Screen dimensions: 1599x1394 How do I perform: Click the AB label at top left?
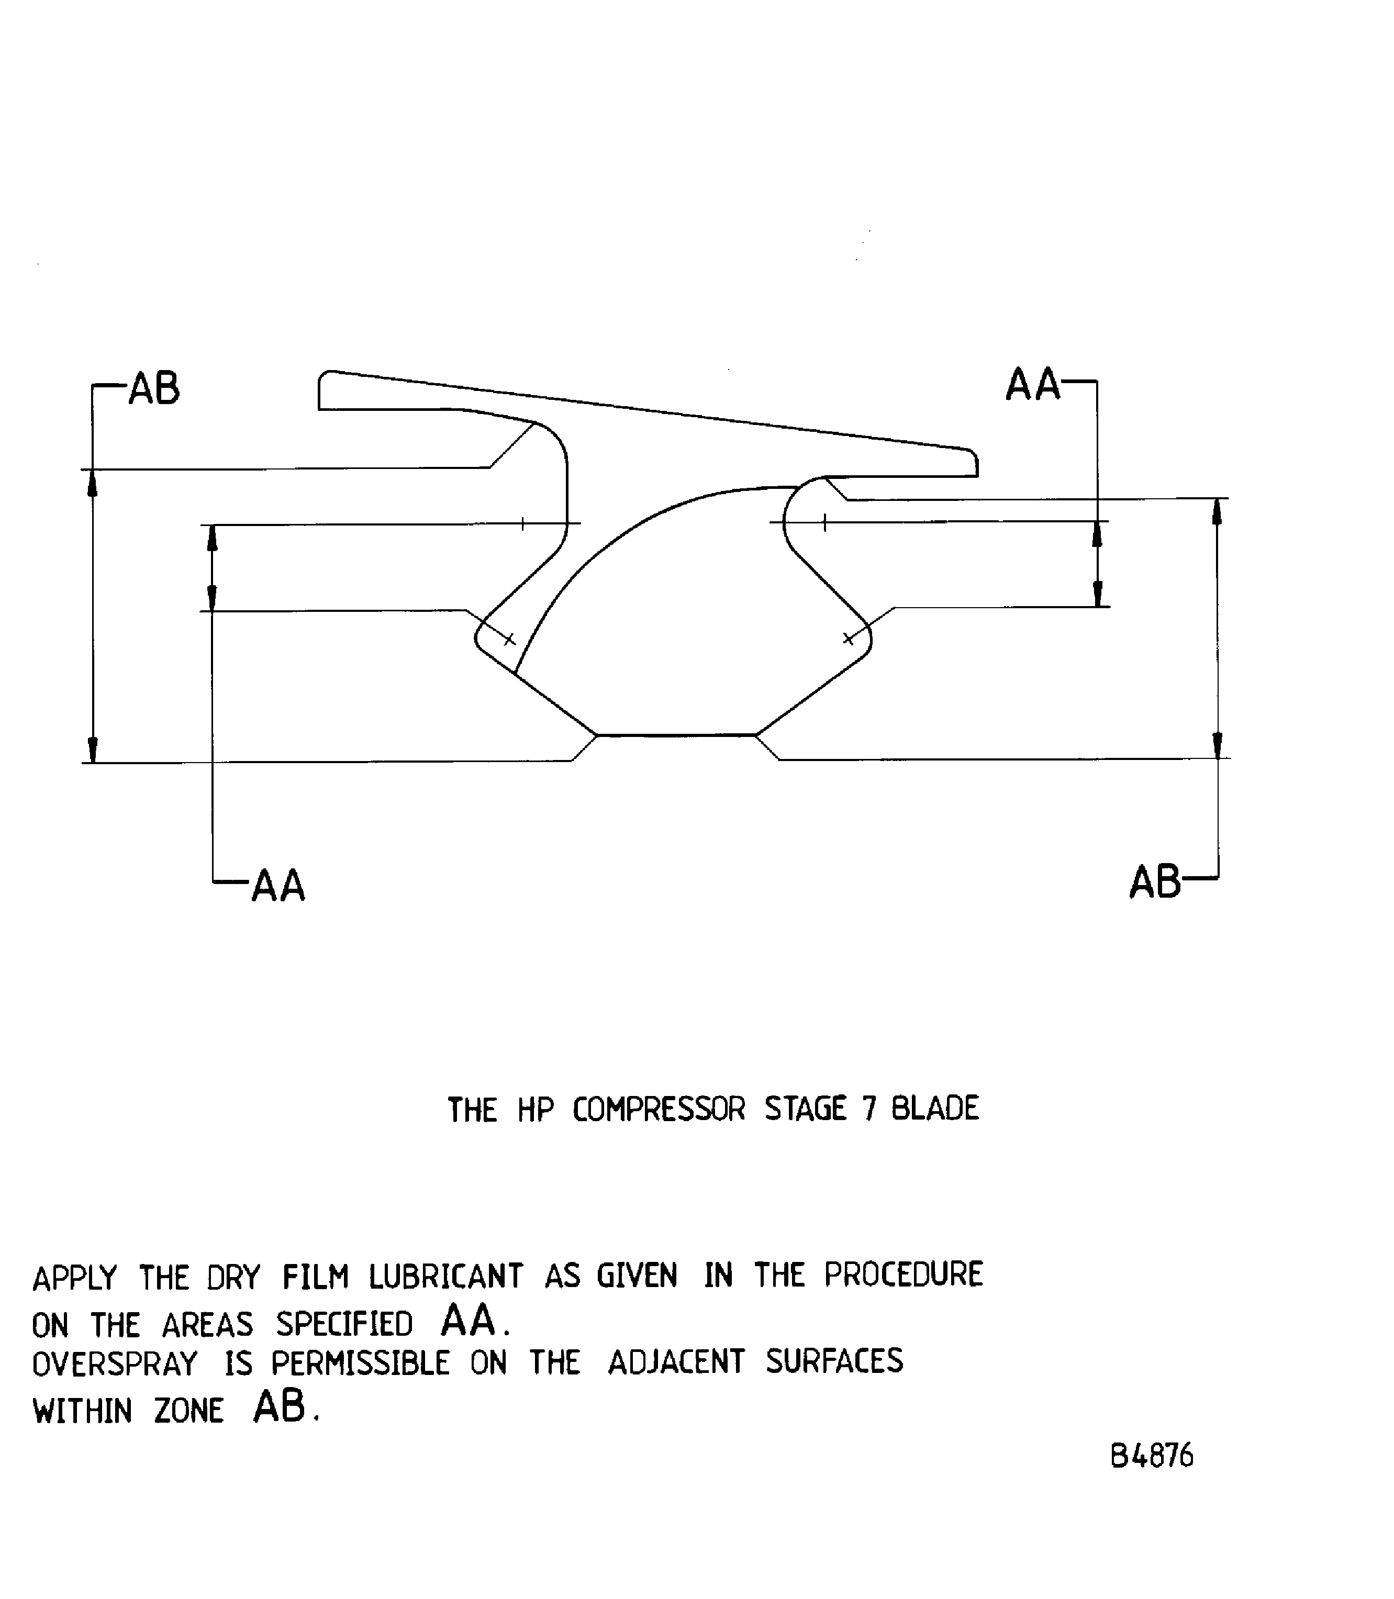[154, 389]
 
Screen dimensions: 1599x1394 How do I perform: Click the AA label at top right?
[1032, 385]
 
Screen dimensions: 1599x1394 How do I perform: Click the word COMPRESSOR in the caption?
[659, 1110]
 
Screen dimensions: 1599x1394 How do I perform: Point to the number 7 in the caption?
[869, 1109]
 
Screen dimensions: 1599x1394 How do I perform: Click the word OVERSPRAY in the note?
[115, 1364]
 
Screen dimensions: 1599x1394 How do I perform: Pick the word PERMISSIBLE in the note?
[360, 1363]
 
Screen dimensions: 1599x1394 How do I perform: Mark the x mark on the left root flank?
[509, 639]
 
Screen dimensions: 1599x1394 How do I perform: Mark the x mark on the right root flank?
[849, 639]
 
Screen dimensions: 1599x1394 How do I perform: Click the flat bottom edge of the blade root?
[676, 735]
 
